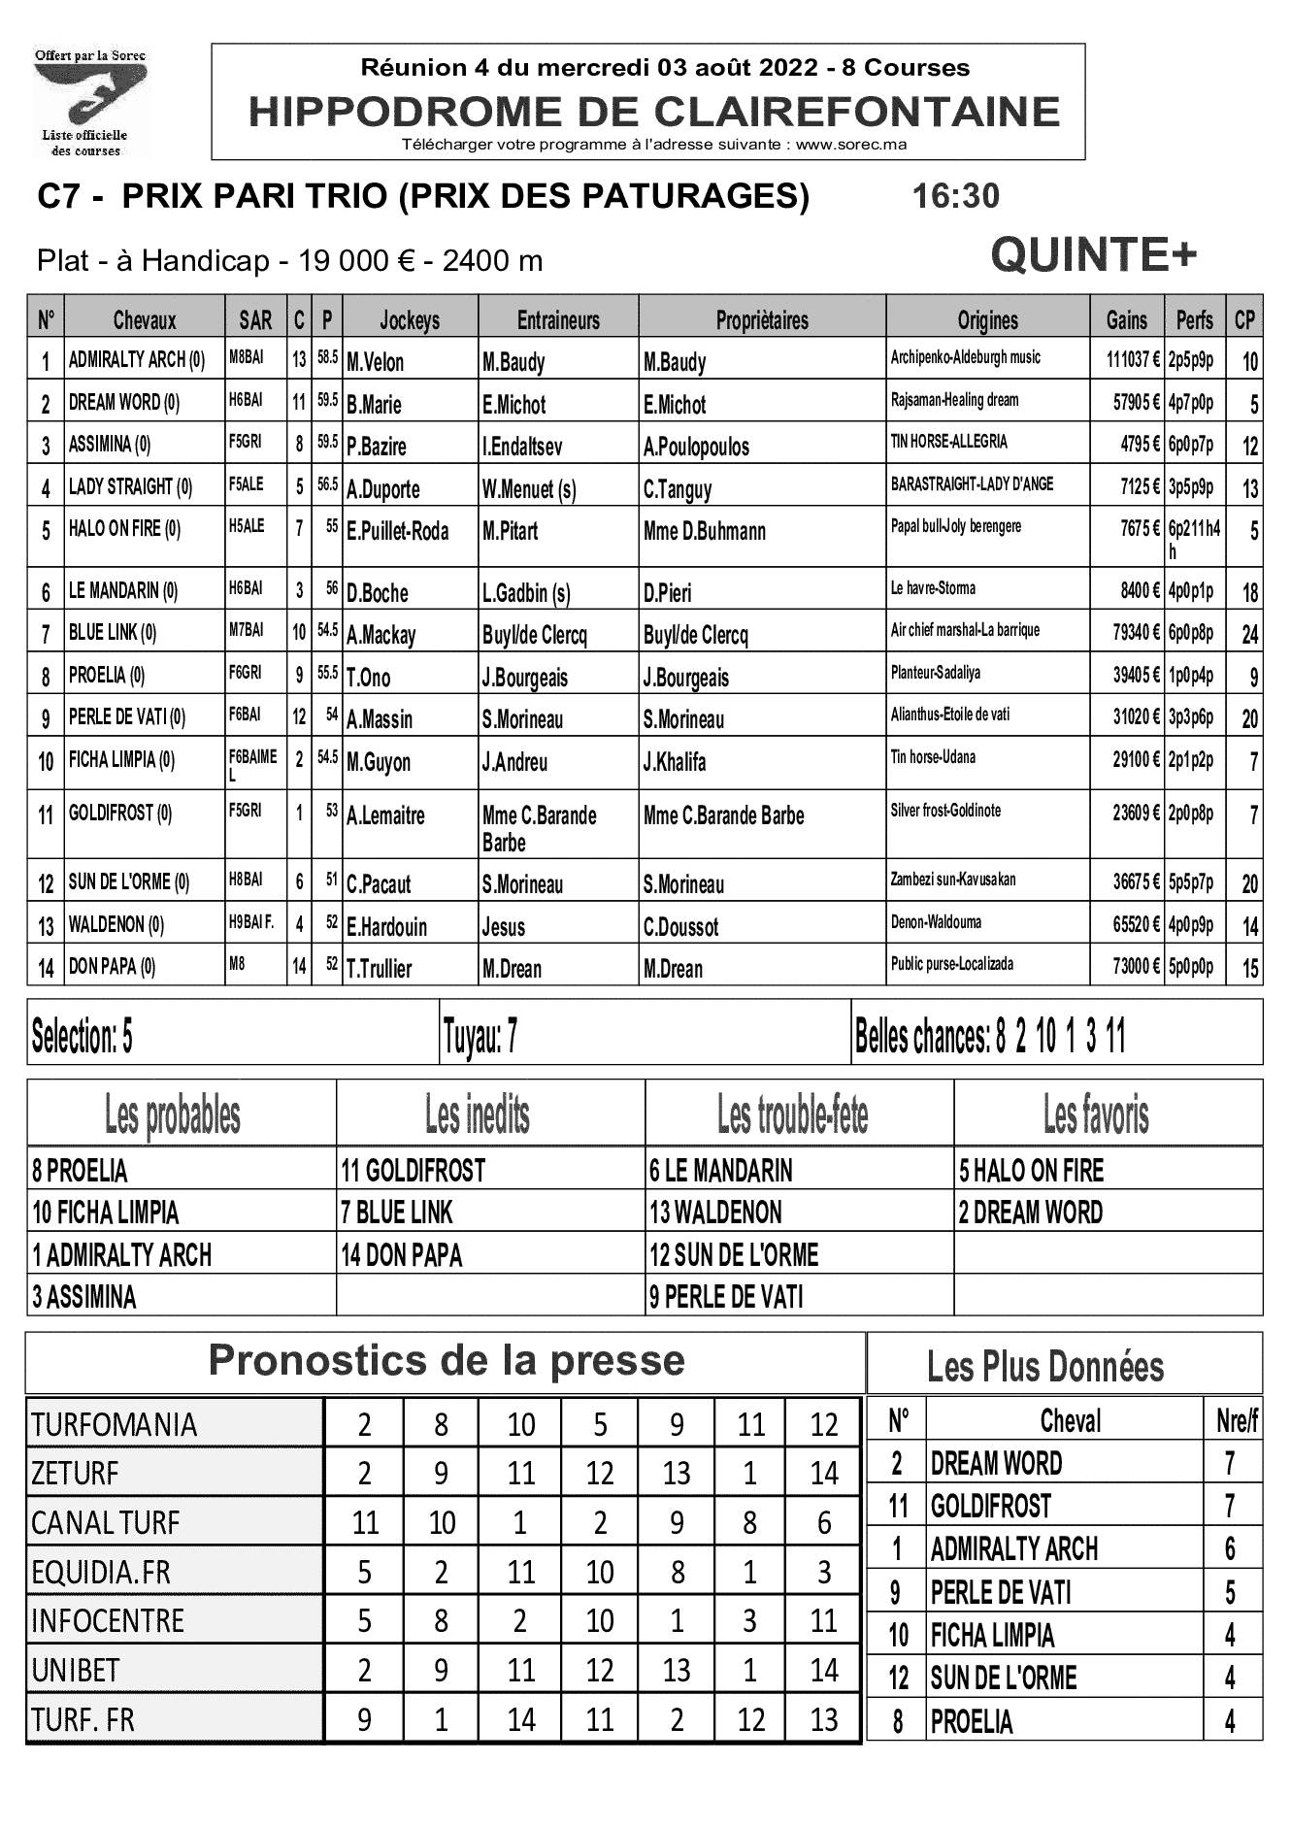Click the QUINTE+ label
(1093, 256)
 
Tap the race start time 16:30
(955, 196)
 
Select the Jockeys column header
(410, 320)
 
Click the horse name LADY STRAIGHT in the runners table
(130, 487)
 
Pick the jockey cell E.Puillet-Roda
(398, 531)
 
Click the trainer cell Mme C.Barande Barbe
(539, 828)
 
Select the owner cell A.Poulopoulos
(696, 447)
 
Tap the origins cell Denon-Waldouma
(936, 922)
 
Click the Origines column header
(987, 320)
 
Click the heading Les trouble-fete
(793, 1115)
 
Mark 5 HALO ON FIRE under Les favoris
(1031, 1171)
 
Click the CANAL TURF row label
(106, 1522)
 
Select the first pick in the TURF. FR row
(364, 1719)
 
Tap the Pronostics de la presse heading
(446, 1361)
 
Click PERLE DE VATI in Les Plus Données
(1001, 1593)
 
